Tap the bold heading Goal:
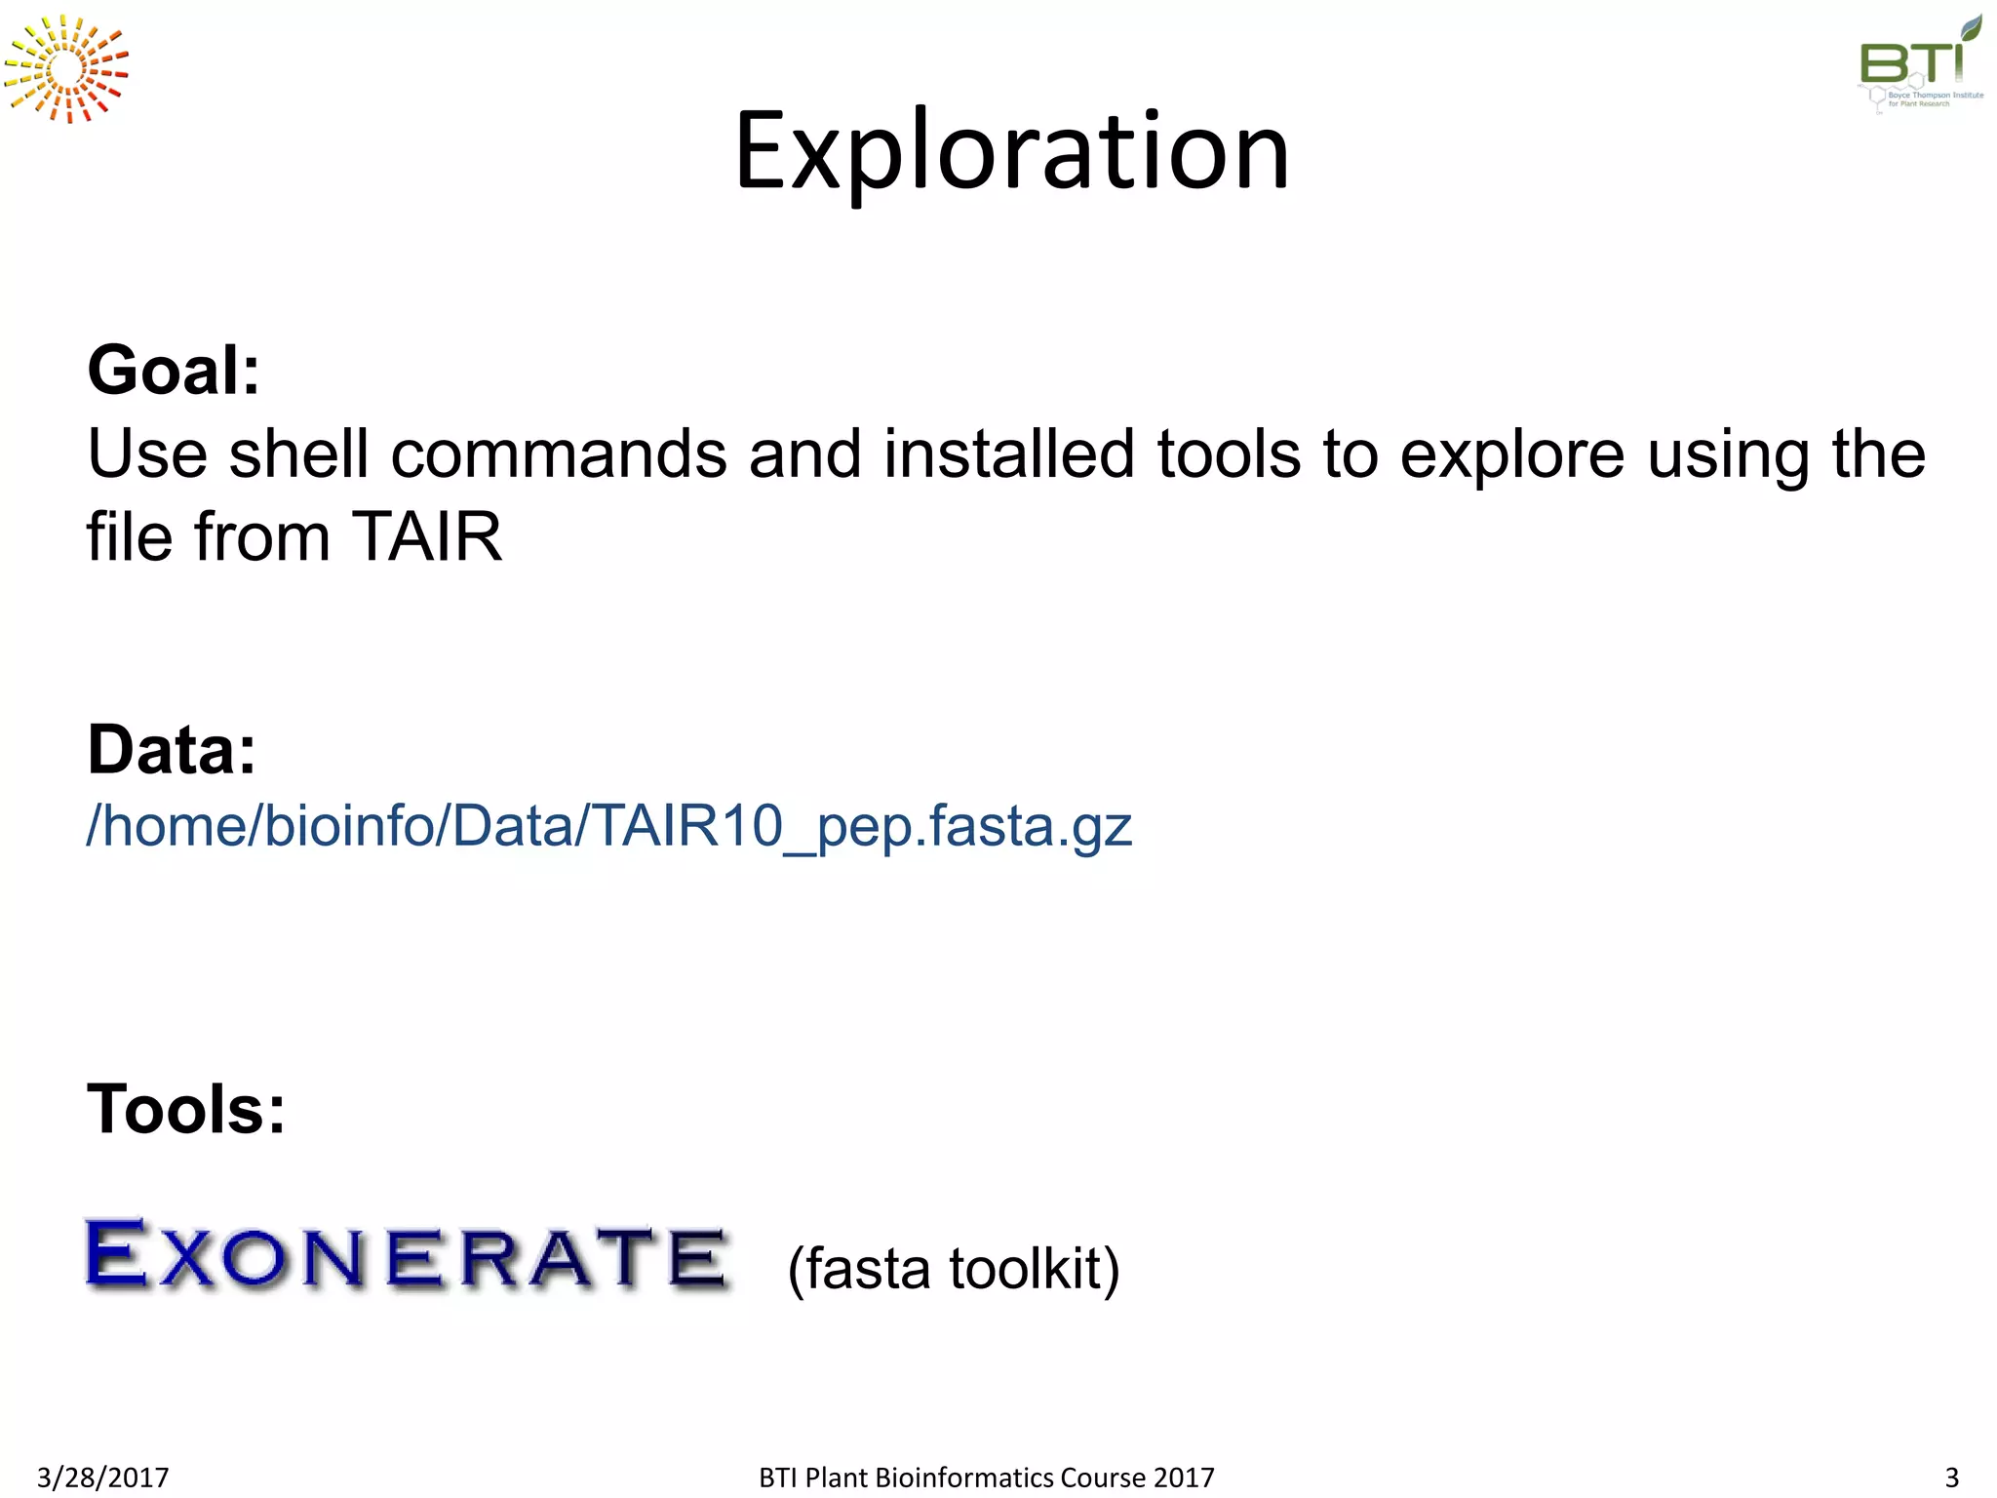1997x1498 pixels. pyautogui.click(x=174, y=372)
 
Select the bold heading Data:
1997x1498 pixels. pyautogui.click(x=172, y=750)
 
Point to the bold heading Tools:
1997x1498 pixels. pyautogui.click(x=186, y=1110)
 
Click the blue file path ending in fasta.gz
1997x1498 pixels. pyautogui.click(x=608, y=826)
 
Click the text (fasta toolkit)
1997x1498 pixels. pyautogui.click(x=953, y=1269)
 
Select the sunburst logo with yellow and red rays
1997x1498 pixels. pyautogui.click(x=66, y=69)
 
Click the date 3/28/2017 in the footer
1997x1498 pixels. pyautogui.click(x=102, y=1478)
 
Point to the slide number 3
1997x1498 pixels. pyautogui.click(x=1951, y=1478)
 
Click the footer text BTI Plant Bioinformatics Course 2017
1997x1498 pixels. pyautogui.click(x=986, y=1478)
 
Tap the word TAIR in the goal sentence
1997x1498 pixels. pyautogui.click(x=426, y=536)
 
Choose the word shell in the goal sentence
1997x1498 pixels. pyautogui.click(x=298, y=454)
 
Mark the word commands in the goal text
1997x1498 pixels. pyautogui.click(x=559, y=454)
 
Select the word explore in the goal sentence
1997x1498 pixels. pyautogui.click(x=1512, y=454)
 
